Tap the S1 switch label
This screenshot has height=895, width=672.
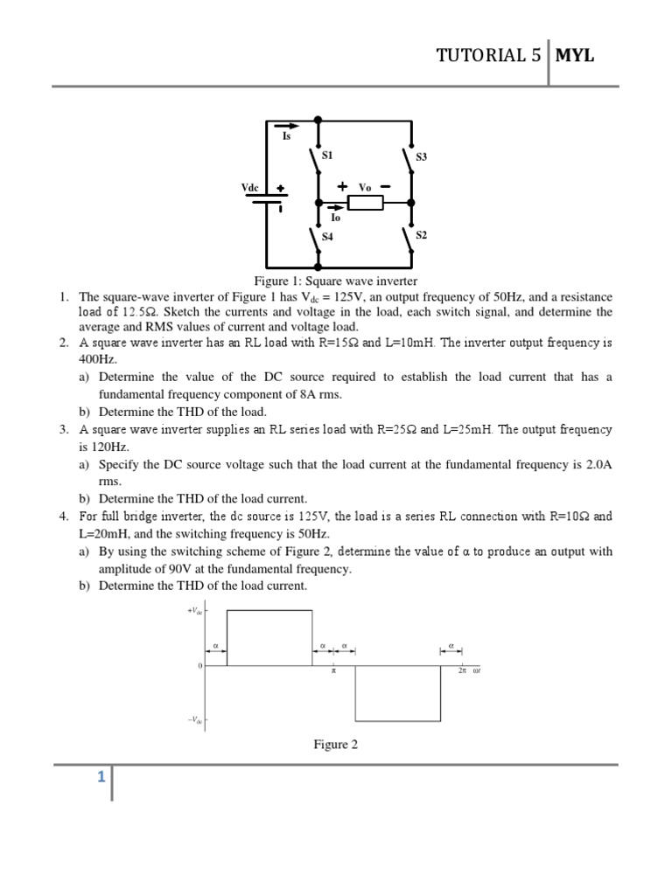pyautogui.click(x=327, y=155)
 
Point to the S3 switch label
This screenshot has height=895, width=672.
pyautogui.click(x=421, y=157)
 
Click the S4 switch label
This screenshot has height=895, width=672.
pyautogui.click(x=327, y=237)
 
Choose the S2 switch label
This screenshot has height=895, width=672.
pyautogui.click(x=421, y=235)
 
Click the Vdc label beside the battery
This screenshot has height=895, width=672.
pyautogui.click(x=250, y=188)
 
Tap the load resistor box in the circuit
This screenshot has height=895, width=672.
pyautogui.click(x=365, y=204)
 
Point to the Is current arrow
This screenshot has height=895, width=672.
pyautogui.click(x=286, y=125)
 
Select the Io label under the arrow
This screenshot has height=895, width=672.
pyautogui.click(x=335, y=219)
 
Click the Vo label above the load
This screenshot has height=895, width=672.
pyautogui.click(x=365, y=187)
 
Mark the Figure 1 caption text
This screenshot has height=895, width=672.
pyautogui.click(x=335, y=281)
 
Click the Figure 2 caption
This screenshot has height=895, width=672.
pyautogui.click(x=336, y=745)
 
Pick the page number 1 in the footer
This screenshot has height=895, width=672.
pyautogui.click(x=101, y=776)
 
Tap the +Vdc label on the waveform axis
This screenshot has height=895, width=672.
pyautogui.click(x=194, y=611)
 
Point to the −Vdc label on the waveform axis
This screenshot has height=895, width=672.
pyautogui.click(x=194, y=720)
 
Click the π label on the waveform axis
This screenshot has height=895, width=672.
pyautogui.click(x=333, y=671)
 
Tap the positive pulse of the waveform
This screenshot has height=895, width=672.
pyautogui.click(x=269, y=637)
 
